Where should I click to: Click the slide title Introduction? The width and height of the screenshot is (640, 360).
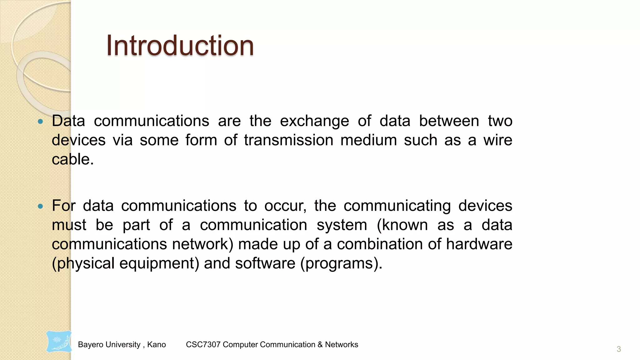(x=180, y=46)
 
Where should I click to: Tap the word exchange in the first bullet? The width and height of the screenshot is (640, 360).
(x=314, y=121)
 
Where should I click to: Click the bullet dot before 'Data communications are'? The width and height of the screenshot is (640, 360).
(x=40, y=122)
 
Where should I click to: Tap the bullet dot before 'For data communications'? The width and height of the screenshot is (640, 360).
(x=40, y=206)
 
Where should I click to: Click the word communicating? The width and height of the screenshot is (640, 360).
(x=397, y=206)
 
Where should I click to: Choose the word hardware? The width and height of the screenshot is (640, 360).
(x=479, y=244)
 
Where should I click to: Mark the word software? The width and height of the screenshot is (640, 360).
(x=265, y=263)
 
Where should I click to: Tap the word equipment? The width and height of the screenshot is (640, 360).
(x=159, y=263)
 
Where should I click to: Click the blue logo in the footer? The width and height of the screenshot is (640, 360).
(x=59, y=342)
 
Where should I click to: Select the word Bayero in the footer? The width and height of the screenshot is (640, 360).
(x=88, y=345)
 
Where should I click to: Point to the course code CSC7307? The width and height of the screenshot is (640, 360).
(x=203, y=345)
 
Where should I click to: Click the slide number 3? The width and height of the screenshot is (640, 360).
(x=618, y=349)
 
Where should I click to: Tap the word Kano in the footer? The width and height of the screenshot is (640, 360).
(x=156, y=345)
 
